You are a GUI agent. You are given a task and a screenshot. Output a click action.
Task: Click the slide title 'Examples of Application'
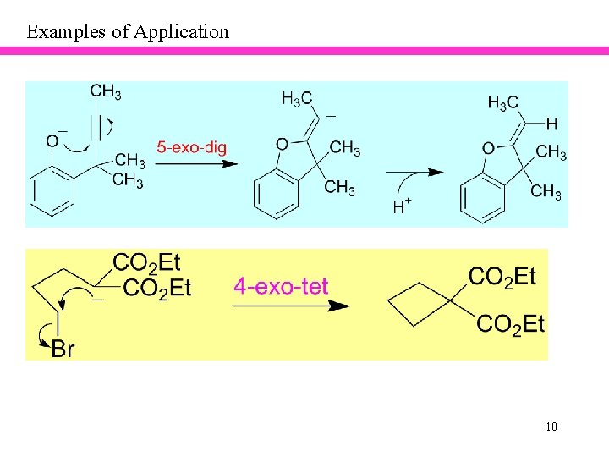pos(128,32)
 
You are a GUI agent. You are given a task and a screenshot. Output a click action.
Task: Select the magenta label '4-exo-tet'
pos(281,286)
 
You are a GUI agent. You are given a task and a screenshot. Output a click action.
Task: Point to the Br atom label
pos(63,349)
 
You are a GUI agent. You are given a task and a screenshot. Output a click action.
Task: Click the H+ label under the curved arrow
pos(402,206)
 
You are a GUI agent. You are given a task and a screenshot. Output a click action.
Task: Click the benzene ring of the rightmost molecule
pos(482,199)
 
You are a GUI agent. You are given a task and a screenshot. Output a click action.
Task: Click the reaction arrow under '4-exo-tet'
pos(290,306)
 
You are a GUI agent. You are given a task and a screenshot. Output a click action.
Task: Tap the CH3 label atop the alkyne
pos(106,91)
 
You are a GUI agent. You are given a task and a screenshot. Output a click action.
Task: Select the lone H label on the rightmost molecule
pos(551,124)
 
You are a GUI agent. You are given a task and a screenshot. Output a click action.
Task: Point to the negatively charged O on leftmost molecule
pos(52,140)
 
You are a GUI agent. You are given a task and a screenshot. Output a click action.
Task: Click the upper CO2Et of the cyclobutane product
pos(502,276)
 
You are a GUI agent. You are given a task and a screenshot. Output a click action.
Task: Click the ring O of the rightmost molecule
pos(488,149)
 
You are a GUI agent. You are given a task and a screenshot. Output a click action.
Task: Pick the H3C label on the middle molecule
pos(297,99)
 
